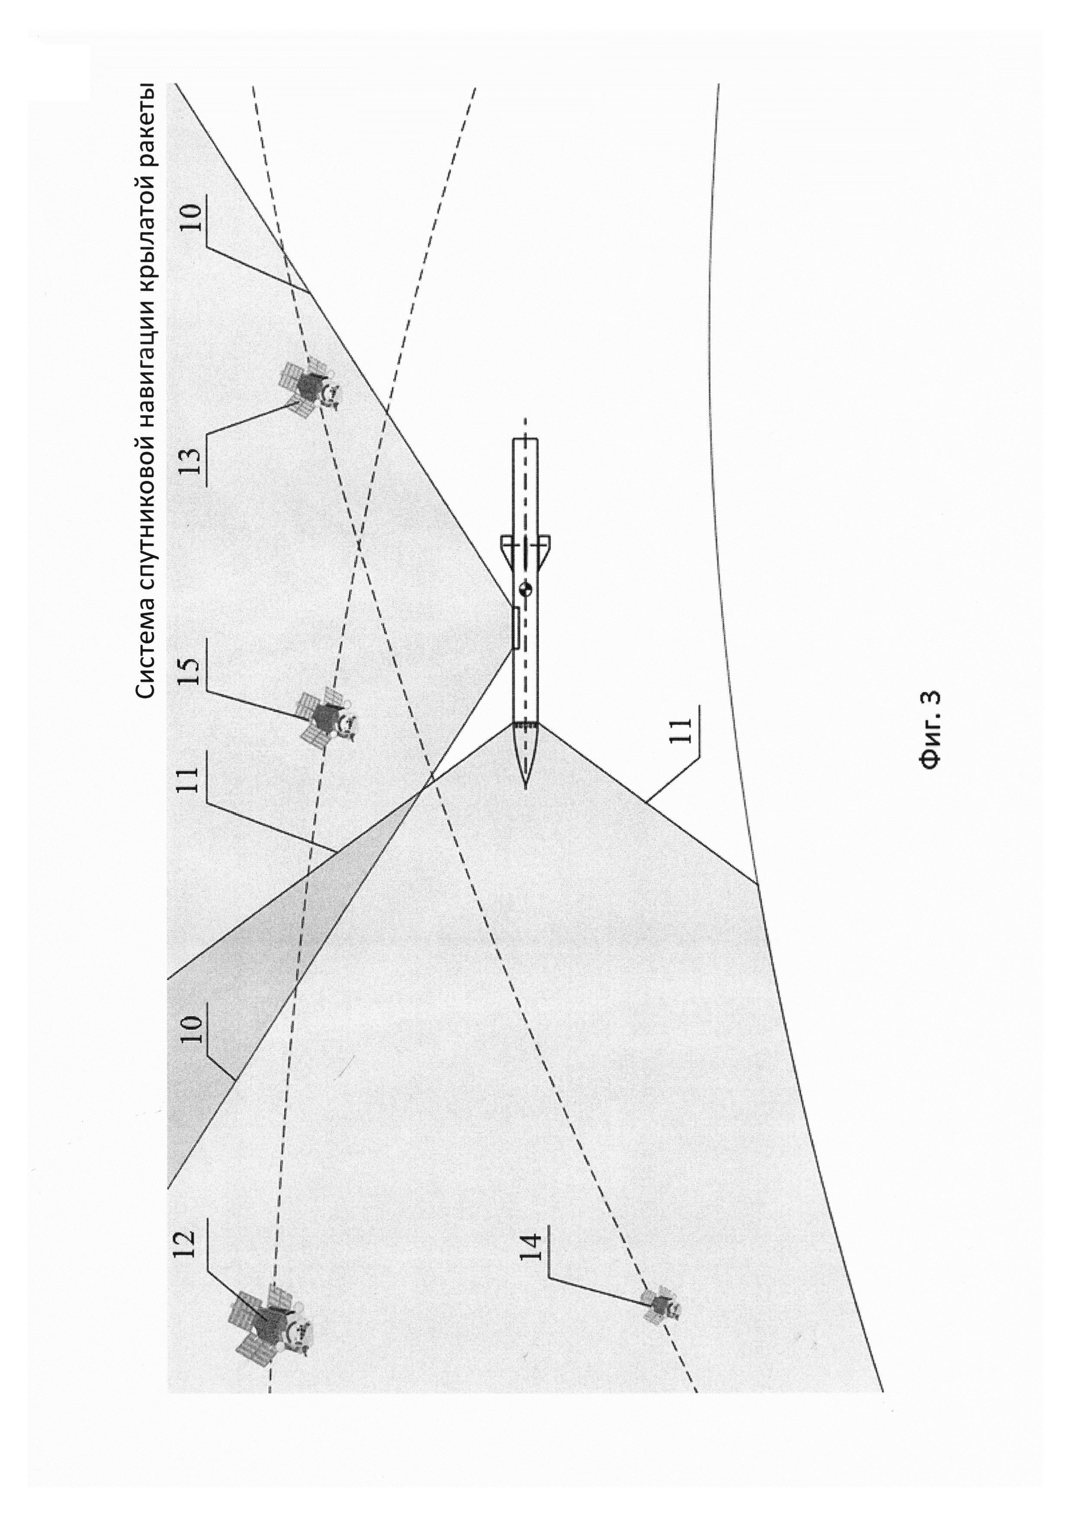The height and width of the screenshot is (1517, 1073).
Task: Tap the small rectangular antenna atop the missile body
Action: (x=514, y=628)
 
